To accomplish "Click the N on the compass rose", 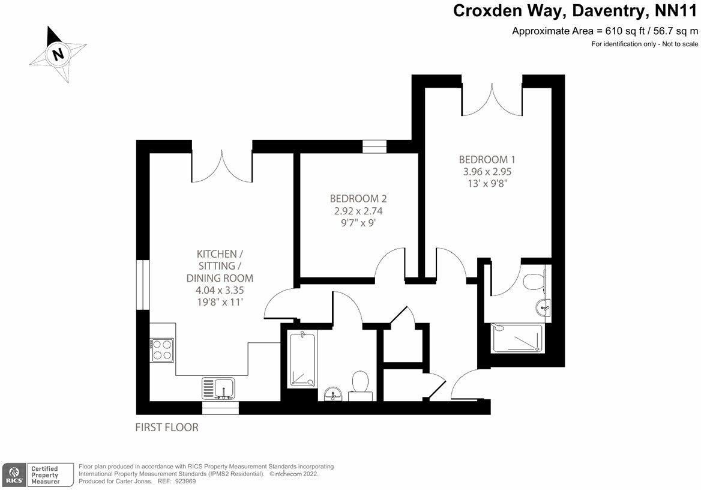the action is [58, 54].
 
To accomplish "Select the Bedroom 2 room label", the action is [358, 198].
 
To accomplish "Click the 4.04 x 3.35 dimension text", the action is [220, 290].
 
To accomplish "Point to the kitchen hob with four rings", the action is [162, 350].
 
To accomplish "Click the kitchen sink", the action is [218, 388].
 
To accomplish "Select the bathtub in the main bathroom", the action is [302, 359].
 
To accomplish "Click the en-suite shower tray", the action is [517, 338].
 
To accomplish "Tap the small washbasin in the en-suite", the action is [543, 306].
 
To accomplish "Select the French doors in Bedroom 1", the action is [492, 98].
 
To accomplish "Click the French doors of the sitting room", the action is [222, 166].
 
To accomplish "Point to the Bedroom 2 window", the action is [374, 147].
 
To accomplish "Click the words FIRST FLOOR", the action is [167, 428].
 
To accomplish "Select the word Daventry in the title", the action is [610, 11].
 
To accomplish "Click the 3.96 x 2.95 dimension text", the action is [487, 171].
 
